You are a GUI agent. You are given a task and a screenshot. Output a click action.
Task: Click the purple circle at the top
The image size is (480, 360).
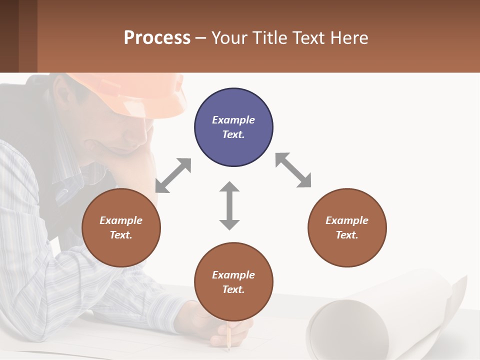[x=233, y=127]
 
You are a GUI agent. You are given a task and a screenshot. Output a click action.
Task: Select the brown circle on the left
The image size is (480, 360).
[x=121, y=227]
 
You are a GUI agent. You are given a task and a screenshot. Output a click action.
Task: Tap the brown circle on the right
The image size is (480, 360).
[x=347, y=227]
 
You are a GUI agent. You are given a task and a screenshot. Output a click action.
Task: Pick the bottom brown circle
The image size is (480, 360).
[x=233, y=282]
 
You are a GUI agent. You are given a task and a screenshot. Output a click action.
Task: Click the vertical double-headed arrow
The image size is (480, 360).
[x=229, y=205]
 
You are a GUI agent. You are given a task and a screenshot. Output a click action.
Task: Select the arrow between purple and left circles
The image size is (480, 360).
[x=173, y=175]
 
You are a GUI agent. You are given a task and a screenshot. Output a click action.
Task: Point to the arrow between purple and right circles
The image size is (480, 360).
[x=293, y=170]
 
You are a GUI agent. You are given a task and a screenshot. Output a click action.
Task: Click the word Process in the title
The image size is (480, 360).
[x=157, y=37]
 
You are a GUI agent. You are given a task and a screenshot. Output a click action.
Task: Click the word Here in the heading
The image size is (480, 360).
[x=348, y=37]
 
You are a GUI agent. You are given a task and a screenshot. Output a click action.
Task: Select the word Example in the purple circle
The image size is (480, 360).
[x=233, y=120]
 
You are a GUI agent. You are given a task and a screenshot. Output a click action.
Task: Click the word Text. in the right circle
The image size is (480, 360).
[x=347, y=235]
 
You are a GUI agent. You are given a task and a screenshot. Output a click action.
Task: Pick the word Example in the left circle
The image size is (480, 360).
[x=121, y=220]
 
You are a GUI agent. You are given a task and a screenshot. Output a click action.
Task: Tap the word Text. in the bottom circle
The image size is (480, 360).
[x=233, y=289]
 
